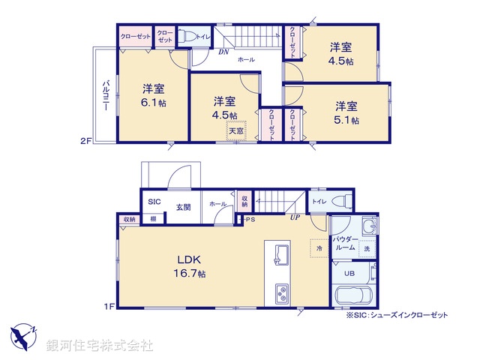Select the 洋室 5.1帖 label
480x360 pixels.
pyautogui.click(x=346, y=112)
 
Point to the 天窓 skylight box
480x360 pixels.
pyautogui.click(x=236, y=130)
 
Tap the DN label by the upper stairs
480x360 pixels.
pyautogui.click(x=223, y=52)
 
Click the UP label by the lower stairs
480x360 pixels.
pyautogui.click(x=295, y=218)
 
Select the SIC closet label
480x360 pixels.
pyautogui.click(x=153, y=202)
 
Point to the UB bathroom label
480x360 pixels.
pyautogui.click(x=349, y=274)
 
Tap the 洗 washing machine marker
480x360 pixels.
pyautogui.click(x=367, y=248)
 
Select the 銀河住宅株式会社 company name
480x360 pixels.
pyautogui.click(x=100, y=346)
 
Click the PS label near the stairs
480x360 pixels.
pyautogui.click(x=249, y=220)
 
